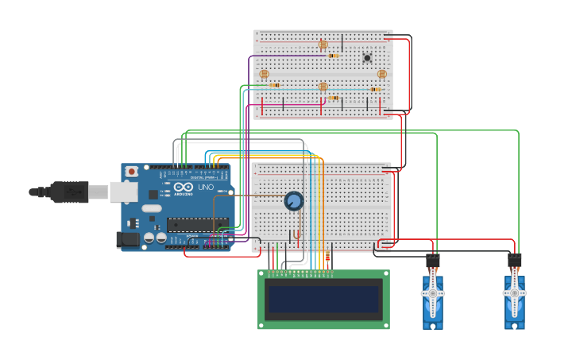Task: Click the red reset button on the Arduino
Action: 132,171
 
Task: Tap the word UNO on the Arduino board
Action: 205,187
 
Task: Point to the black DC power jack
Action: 128,239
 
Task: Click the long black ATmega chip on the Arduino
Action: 197,223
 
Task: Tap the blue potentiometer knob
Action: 294,201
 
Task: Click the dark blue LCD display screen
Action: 323,300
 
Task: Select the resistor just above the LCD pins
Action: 327,257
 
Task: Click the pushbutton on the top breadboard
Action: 367,57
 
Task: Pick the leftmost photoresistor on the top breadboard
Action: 264,74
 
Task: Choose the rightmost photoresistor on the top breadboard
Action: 381,74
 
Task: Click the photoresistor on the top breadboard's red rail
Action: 323,45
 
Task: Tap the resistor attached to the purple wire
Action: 334,56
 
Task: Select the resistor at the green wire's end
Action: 274,85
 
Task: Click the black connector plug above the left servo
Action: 433,261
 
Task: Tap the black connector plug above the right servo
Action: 515,261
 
